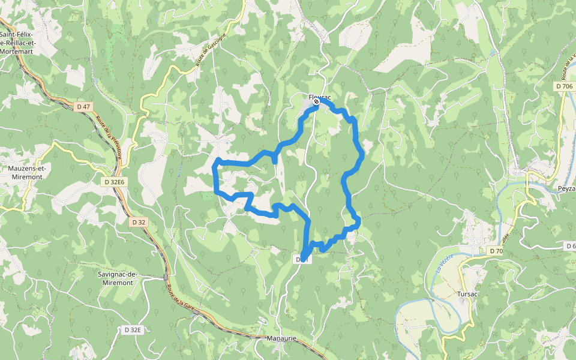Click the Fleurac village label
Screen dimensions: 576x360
coord(320,97)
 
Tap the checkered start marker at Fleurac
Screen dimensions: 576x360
coord(316,102)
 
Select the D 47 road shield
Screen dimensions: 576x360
coord(83,107)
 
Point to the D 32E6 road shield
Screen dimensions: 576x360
coord(114,182)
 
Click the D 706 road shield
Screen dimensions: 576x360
coord(564,86)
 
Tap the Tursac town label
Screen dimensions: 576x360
coord(467,294)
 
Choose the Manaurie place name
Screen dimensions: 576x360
coord(281,339)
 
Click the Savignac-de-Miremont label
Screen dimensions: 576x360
coord(118,278)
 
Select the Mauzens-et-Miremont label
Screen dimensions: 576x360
coord(26,172)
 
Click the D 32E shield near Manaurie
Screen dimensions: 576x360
coord(133,330)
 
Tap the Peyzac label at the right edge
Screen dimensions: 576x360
coord(566,188)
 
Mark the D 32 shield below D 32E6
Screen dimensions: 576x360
coord(138,222)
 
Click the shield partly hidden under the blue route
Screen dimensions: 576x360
coord(301,259)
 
